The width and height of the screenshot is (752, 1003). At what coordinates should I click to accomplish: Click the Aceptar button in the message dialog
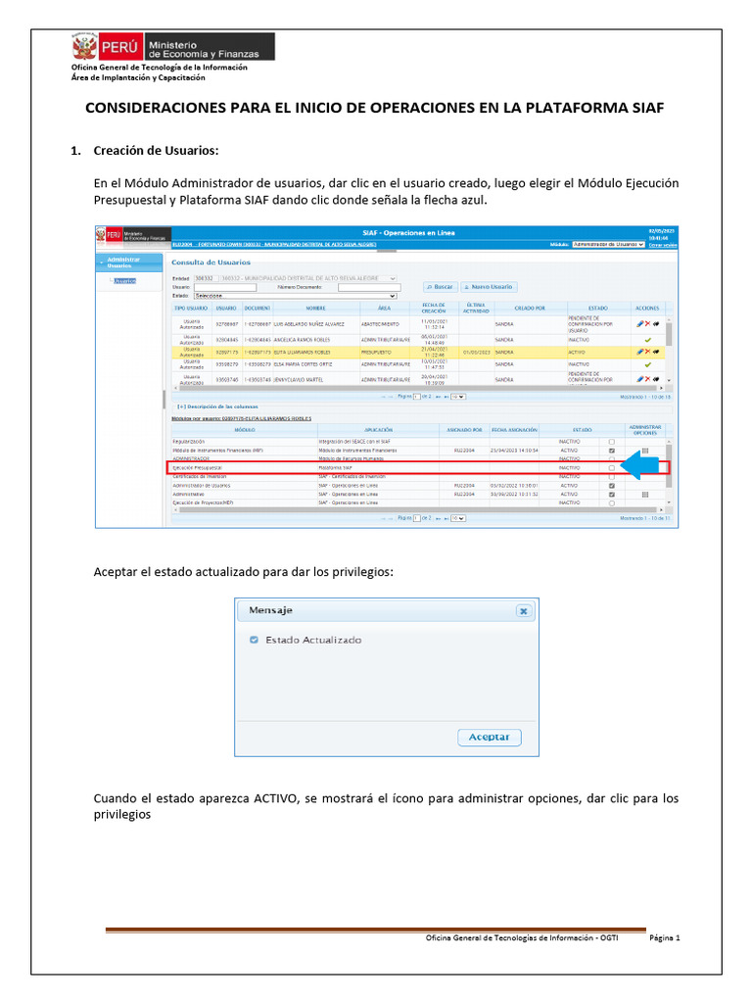(x=490, y=738)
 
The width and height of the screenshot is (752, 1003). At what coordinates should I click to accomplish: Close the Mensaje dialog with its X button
(x=523, y=610)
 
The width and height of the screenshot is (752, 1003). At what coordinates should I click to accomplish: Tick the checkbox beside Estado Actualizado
(x=255, y=640)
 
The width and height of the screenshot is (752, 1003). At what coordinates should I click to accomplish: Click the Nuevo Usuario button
(x=488, y=286)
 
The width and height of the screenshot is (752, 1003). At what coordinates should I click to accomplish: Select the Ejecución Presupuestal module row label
(x=197, y=468)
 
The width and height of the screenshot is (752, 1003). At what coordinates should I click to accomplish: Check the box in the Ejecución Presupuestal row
(x=612, y=468)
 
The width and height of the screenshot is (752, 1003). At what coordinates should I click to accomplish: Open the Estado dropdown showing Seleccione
(x=295, y=295)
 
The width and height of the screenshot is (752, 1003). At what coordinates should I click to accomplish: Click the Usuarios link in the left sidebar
(x=123, y=281)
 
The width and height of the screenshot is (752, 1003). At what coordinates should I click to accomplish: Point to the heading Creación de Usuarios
(x=156, y=151)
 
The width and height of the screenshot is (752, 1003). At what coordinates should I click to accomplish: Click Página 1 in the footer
(x=664, y=937)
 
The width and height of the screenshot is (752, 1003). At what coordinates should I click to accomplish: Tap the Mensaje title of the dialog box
(x=270, y=610)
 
